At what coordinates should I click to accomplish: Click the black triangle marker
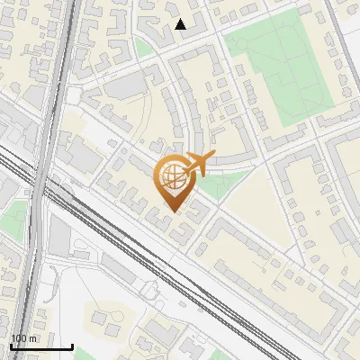click(x=181, y=24)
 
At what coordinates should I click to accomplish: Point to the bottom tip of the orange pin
click(x=174, y=214)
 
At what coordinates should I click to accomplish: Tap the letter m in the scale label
click(x=33, y=338)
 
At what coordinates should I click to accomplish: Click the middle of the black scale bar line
click(x=41, y=346)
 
